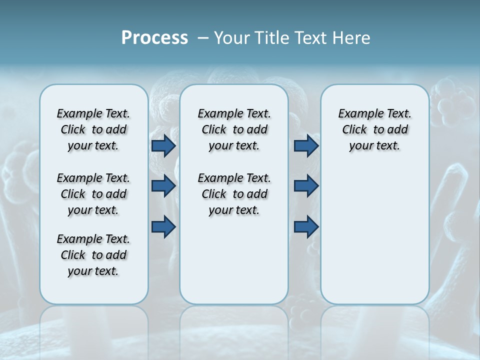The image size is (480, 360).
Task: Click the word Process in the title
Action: [154, 38]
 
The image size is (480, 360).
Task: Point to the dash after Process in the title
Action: [203, 38]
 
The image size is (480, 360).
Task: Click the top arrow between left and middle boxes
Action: [163, 145]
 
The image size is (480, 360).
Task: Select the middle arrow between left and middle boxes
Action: [163, 186]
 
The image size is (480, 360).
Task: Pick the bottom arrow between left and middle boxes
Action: [163, 226]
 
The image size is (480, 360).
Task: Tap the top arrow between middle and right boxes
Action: [306, 145]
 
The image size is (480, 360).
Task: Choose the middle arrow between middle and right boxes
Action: [306, 186]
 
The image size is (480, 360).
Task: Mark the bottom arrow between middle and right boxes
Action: [306, 226]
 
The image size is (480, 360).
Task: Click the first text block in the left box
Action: [93, 129]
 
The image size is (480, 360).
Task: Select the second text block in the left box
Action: [93, 194]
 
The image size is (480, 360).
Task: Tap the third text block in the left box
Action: [93, 255]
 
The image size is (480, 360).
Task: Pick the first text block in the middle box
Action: [234, 129]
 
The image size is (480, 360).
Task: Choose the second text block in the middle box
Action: [234, 194]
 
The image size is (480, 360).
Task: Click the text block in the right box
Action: [375, 129]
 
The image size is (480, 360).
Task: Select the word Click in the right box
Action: [354, 130]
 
